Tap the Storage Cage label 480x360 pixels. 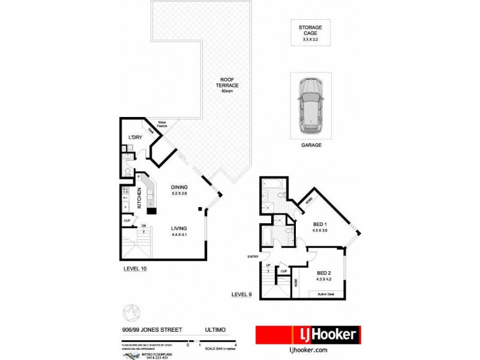click(x=310, y=28)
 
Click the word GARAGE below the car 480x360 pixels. click(x=311, y=145)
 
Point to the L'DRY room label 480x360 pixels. click(x=135, y=138)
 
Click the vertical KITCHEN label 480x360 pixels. click(x=139, y=197)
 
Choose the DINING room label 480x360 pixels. click(x=179, y=187)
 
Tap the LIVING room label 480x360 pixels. click(x=179, y=229)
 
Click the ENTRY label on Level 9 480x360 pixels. click(x=253, y=257)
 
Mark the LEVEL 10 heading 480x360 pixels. click(x=134, y=269)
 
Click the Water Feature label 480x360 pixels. click(x=161, y=125)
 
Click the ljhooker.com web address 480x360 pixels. click(x=308, y=350)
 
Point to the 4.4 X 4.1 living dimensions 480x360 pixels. click(x=179, y=235)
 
